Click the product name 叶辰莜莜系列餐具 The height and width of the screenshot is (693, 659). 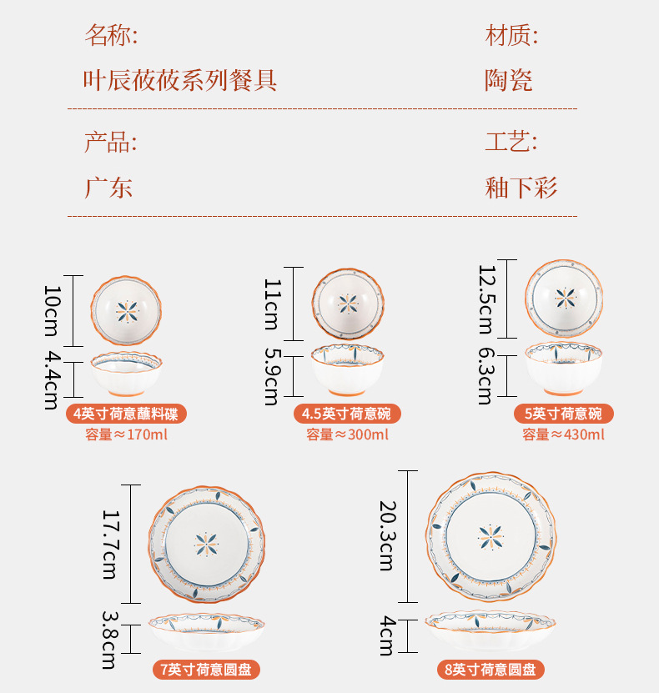pos(179,81)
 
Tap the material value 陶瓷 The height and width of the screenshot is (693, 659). pos(509,81)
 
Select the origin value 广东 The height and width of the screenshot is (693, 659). pos(108,187)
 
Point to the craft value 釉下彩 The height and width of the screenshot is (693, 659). pos(521,187)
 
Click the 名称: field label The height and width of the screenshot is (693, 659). pos(111,36)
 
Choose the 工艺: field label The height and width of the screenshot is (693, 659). pos(511,142)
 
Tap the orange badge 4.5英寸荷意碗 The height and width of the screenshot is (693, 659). pos(347,414)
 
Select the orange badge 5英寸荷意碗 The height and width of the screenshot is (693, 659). pos(563,414)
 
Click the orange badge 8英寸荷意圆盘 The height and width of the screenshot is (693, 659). pos(490,669)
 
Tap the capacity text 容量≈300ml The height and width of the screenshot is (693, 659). pos(347,434)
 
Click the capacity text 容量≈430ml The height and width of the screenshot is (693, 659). pos(564,434)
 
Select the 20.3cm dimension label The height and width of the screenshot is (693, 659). pos(386,535)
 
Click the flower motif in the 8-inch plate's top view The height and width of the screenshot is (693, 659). pos(490,537)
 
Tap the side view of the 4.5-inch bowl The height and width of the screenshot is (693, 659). pos(348,369)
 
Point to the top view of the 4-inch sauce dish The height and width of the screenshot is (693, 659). pos(127,311)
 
